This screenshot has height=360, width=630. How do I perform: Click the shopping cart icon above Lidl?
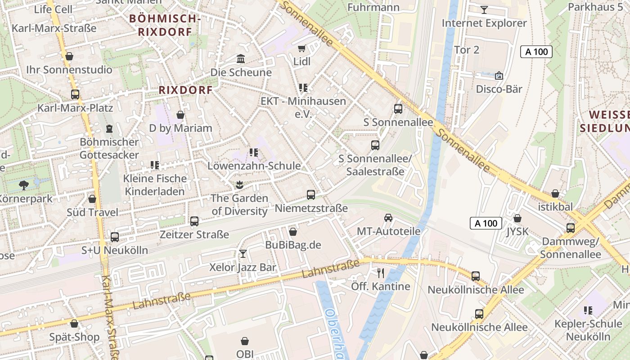coord(302,48)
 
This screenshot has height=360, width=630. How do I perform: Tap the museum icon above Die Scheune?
coord(241,59)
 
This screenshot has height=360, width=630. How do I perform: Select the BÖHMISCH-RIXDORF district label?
coord(164,25)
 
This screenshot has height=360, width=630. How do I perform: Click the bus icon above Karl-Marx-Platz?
coord(75,94)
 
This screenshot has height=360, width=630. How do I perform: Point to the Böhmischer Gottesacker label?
coord(109,148)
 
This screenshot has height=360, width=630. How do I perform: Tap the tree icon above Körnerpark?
coord(23,184)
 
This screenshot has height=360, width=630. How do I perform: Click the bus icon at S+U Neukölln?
coord(115,237)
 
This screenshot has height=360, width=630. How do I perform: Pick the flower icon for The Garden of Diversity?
coord(239,184)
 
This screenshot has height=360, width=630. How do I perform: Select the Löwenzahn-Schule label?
coord(254,166)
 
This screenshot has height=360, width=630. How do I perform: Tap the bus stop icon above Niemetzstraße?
coord(311,195)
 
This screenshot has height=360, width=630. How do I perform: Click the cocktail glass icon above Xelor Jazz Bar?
coord(243,254)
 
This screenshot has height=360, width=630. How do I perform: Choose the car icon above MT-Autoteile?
coord(388,218)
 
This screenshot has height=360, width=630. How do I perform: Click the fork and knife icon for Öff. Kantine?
coord(381,273)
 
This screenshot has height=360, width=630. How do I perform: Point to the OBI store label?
coord(245,354)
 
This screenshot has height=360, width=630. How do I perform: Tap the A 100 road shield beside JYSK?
coord(486,223)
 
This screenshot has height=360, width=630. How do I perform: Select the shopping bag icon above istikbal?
coord(555,193)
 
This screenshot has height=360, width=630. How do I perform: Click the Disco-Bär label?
coord(499,89)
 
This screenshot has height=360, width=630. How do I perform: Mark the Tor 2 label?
coord(467,49)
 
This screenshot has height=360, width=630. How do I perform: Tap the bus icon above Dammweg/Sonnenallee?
coord(571,228)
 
